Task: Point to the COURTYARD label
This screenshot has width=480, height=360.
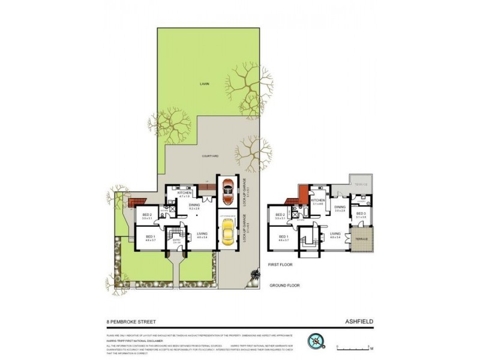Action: click(x=209, y=156)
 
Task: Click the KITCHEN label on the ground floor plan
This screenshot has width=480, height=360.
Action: click(x=184, y=193)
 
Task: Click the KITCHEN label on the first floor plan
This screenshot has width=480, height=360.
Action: click(x=317, y=201)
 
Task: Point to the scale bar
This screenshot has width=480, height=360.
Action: click(x=354, y=346)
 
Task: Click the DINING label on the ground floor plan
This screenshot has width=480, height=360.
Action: click(x=194, y=205)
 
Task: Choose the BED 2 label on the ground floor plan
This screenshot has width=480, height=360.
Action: click(x=147, y=215)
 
